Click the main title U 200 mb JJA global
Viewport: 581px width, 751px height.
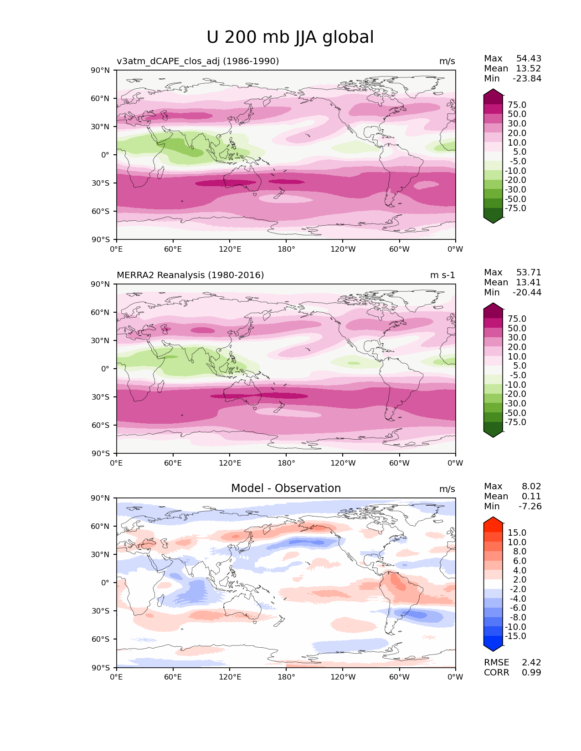pos(290,37)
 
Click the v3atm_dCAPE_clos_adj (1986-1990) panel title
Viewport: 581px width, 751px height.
pos(198,61)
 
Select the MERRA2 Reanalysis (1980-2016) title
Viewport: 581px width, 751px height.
pos(190,275)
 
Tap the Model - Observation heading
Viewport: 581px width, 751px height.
pos(286,488)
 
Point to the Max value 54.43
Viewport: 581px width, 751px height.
pos(529,58)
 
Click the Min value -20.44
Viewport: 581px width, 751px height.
pos(527,292)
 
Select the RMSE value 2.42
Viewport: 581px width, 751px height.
pos(531,662)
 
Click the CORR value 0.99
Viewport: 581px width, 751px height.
pos(531,672)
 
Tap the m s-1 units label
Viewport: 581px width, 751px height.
pos(442,275)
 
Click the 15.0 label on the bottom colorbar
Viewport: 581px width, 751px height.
pos(517,533)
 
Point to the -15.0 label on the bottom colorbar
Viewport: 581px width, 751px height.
pos(516,636)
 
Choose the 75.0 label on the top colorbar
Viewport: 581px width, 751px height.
pos(517,105)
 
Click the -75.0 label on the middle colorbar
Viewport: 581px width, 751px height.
pos(516,422)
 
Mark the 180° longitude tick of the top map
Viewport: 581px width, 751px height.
pos(286,249)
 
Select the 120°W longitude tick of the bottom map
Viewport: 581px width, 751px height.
pos(343,677)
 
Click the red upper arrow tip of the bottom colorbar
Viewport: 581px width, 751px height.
pos(493,519)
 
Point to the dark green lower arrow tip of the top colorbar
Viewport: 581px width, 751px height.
pos(493,221)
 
